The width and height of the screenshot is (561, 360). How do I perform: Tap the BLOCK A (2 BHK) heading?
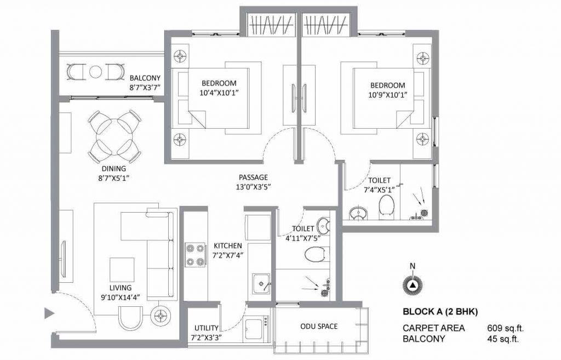point(440,313)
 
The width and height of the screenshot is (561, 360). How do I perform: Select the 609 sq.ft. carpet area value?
point(506,328)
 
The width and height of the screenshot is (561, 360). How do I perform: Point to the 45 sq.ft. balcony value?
point(503,339)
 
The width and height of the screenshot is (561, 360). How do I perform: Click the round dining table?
point(114,133)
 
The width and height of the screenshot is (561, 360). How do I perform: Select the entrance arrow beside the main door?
point(49,314)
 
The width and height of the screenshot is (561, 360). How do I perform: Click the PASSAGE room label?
point(253,178)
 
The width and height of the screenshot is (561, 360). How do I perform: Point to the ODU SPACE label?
point(319,327)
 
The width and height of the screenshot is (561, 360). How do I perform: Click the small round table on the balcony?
point(95,72)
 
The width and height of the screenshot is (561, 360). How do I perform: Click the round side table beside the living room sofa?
point(161,315)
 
